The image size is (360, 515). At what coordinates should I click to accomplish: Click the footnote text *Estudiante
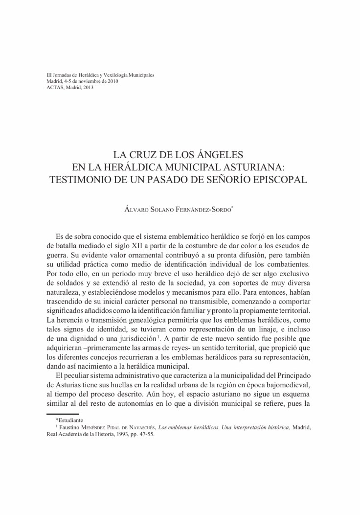pos(69,420)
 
